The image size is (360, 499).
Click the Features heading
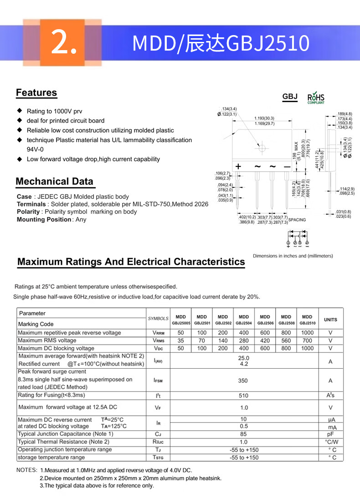36,93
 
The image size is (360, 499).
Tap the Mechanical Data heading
54,181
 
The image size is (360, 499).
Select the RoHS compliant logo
316,98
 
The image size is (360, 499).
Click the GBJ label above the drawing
290,97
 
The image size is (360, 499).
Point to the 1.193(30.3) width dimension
264,118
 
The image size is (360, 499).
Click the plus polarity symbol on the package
238,167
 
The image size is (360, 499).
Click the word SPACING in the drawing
297,220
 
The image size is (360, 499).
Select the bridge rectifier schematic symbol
297,237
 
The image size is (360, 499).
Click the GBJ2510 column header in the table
307,319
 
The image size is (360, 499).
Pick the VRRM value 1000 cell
307,333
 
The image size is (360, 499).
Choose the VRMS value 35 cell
180,340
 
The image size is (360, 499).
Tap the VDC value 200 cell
223,348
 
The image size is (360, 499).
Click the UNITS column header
330,319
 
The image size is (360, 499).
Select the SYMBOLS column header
158,319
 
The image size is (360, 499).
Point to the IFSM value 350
244,381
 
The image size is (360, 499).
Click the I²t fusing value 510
244,396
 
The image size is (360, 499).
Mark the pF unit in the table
330,434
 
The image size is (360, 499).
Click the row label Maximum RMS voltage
47,340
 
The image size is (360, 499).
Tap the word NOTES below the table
26,470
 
